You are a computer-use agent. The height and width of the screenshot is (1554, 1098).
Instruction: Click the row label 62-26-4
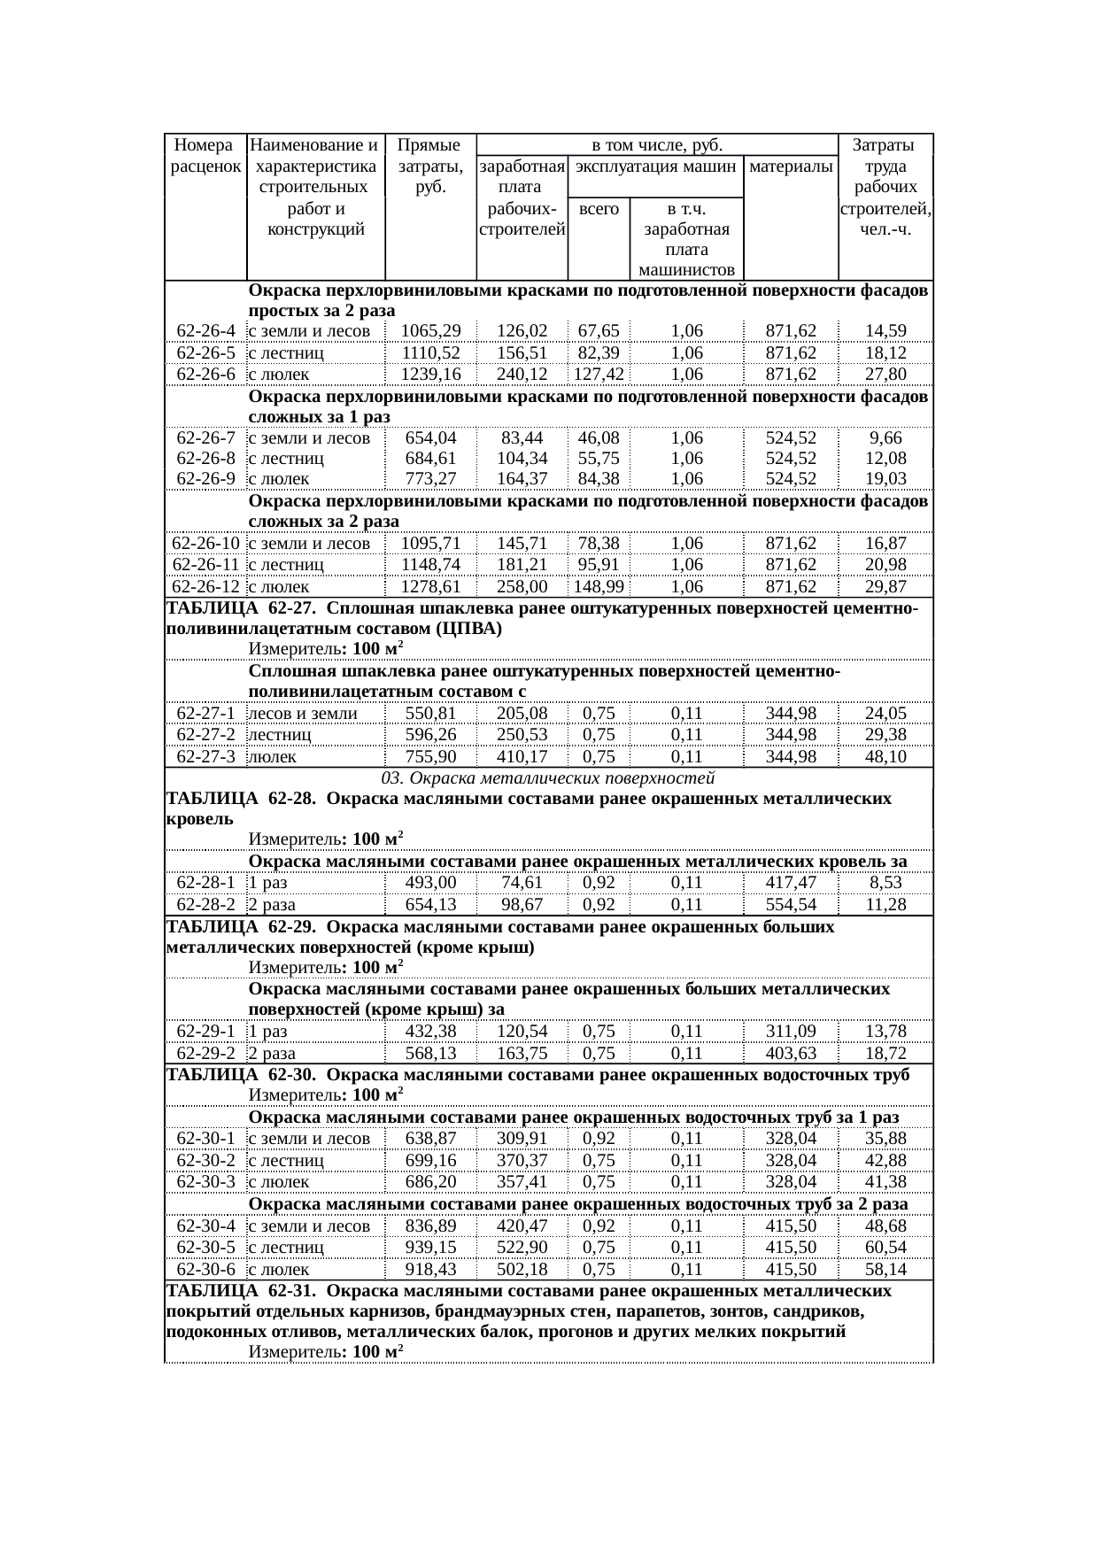[205, 331]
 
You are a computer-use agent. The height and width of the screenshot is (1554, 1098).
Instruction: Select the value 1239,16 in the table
[431, 374]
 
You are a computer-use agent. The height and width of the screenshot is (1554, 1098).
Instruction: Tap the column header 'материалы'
[791, 166]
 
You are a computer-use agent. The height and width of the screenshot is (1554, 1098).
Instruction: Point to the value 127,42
[599, 374]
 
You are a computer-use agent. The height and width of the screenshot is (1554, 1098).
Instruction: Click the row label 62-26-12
[205, 586]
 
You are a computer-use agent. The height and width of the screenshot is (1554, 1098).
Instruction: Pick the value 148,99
[599, 586]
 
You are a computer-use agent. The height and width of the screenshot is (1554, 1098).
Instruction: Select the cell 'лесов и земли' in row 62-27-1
[303, 714]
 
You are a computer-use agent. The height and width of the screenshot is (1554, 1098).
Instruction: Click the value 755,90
[431, 756]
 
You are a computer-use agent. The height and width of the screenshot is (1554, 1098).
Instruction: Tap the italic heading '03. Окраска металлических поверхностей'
[548, 778]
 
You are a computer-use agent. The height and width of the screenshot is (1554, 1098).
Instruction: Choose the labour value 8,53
[885, 883]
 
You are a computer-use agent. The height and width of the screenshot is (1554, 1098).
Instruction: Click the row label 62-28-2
[205, 905]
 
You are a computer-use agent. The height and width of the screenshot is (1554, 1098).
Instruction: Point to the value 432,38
[431, 1032]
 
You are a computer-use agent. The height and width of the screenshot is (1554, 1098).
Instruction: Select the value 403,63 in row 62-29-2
[791, 1054]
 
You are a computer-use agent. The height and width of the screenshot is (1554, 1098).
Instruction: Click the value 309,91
[522, 1139]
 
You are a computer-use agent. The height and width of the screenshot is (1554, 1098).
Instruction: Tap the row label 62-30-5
[205, 1248]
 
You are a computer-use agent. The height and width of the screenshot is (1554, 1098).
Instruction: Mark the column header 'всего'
[599, 209]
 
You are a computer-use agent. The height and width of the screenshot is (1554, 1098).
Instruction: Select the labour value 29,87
[885, 586]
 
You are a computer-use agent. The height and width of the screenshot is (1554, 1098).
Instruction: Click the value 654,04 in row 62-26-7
[431, 437]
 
